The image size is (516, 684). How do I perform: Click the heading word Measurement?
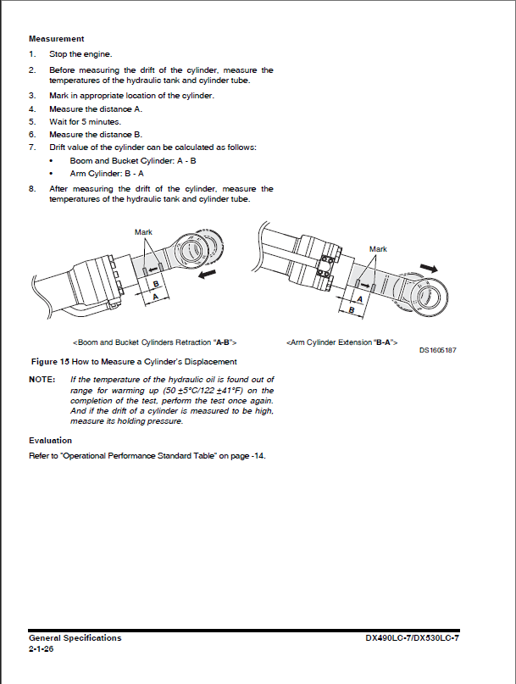click(57, 39)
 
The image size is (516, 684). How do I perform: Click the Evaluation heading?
click(51, 441)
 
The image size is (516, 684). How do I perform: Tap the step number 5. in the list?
click(32, 121)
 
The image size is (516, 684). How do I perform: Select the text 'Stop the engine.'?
click(80, 54)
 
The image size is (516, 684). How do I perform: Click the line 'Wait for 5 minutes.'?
click(85, 121)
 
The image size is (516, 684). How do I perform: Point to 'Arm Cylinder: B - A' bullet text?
click(106, 173)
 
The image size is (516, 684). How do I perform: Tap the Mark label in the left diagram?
click(143, 231)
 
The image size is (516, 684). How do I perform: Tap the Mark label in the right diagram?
click(378, 249)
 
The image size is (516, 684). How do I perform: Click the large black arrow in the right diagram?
click(433, 267)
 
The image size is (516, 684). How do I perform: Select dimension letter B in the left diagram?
click(155, 286)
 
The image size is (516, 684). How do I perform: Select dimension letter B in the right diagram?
click(352, 310)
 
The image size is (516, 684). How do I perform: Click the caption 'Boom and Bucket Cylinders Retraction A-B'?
click(155, 342)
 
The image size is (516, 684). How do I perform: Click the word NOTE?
click(42, 379)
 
